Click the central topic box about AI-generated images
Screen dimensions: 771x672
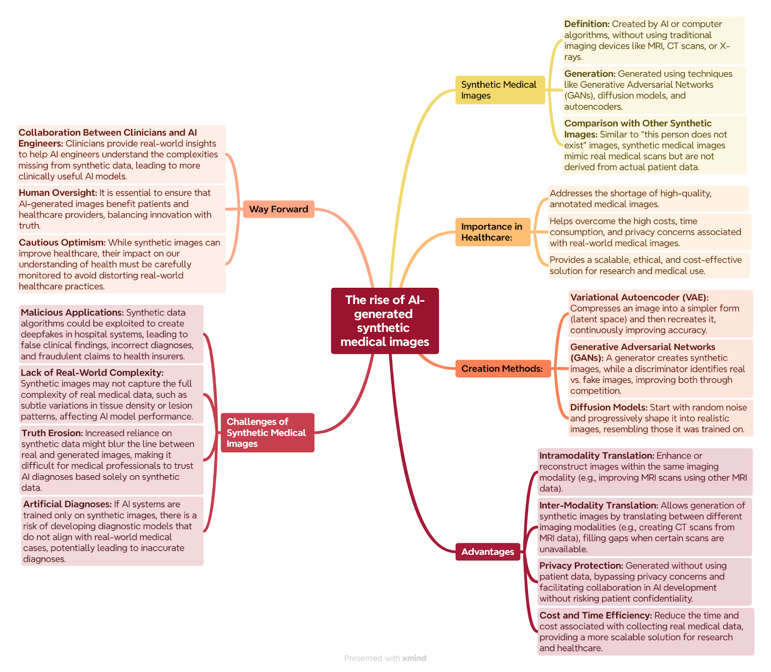tap(385, 321)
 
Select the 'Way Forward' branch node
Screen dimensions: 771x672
tap(279, 209)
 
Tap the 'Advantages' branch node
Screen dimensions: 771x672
tap(488, 551)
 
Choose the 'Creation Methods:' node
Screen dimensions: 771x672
tap(503, 369)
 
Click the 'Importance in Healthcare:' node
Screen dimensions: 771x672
tap(492, 232)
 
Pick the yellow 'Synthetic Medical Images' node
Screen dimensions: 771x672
tap(500, 90)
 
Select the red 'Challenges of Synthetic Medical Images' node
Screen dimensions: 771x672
tap(267, 432)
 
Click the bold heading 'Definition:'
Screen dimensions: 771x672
tap(587, 24)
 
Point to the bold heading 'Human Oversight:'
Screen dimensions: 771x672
tap(58, 193)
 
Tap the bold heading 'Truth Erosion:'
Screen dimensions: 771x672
tap(52, 433)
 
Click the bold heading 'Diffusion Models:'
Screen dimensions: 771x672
tap(609, 407)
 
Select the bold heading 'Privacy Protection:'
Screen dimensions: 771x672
tap(581, 565)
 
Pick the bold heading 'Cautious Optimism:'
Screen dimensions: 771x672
tap(62, 242)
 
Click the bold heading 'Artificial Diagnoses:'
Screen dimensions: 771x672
tap(67, 504)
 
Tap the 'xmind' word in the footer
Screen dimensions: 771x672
tap(414, 658)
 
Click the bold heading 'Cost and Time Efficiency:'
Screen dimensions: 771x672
tap(596, 615)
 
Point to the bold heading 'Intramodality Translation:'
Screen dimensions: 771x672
tap(597, 456)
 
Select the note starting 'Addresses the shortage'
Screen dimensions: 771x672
tap(648, 199)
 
